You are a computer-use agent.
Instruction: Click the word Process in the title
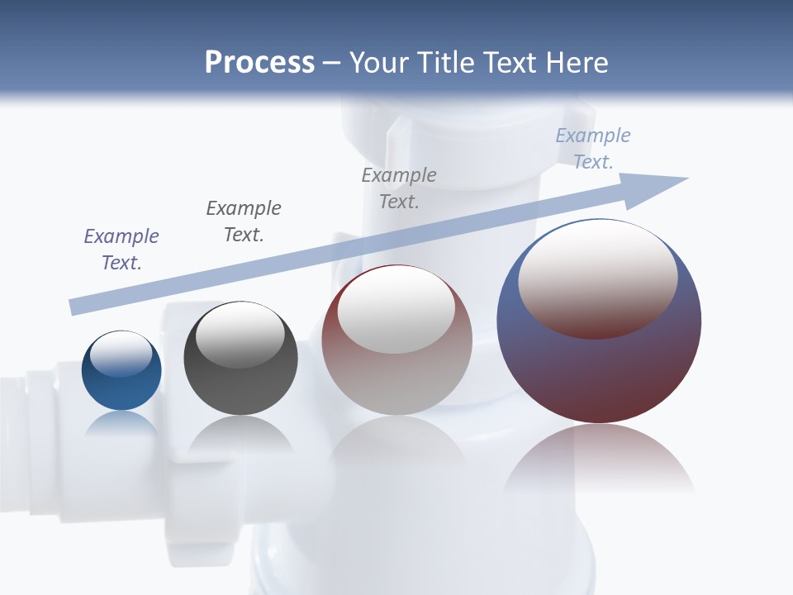coord(259,63)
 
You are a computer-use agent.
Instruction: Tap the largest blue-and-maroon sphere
coord(599,372)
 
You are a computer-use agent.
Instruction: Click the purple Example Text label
coord(121,249)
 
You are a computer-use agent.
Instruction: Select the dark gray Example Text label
coord(244,221)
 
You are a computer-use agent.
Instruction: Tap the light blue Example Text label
coord(593,149)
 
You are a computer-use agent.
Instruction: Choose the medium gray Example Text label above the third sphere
coord(399,188)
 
